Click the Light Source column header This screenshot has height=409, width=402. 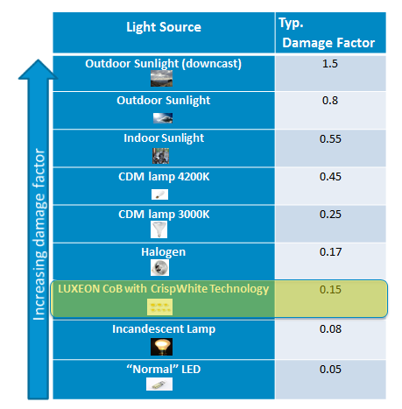pyautogui.click(x=162, y=28)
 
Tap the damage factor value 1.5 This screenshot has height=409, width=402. pyautogui.click(x=329, y=65)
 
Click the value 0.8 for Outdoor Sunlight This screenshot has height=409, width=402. pyautogui.click(x=329, y=102)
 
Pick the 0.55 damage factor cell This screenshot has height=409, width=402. pyautogui.click(x=329, y=138)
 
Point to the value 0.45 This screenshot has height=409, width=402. pyautogui.click(x=329, y=177)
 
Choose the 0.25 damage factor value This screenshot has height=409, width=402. pyautogui.click(x=329, y=215)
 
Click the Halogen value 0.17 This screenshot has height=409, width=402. pyautogui.click(x=329, y=252)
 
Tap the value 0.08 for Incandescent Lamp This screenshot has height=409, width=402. pyautogui.click(x=329, y=329)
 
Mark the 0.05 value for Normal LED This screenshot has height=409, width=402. pyautogui.click(x=329, y=368)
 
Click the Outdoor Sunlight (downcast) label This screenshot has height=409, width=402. pyautogui.click(x=163, y=64)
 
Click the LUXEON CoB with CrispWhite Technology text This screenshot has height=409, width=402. pyautogui.click(x=162, y=289)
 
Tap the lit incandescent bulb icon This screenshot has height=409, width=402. pyautogui.click(x=160, y=346)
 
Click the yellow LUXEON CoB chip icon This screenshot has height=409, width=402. pyautogui.click(x=160, y=307)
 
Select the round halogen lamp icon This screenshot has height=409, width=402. pyautogui.click(x=160, y=268)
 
